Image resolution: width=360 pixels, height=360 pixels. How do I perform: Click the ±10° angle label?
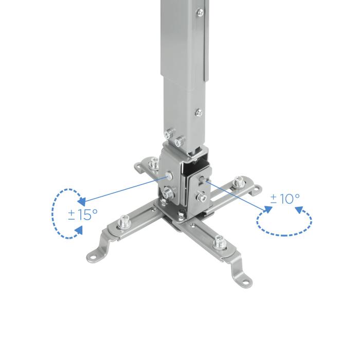click(x=285, y=199)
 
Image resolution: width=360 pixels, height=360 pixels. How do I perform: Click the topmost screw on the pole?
click(x=200, y=11)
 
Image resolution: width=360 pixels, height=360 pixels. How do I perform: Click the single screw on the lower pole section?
click(x=197, y=112)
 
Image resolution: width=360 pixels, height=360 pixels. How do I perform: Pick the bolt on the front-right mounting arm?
click(x=220, y=240)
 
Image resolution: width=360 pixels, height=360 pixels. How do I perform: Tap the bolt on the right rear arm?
click(x=238, y=181)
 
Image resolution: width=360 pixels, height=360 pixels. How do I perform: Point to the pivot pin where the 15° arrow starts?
click(x=169, y=176)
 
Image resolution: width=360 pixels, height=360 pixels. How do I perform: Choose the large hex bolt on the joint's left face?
click(x=168, y=195)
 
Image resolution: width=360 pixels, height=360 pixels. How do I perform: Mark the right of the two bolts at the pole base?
click(x=179, y=141)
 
